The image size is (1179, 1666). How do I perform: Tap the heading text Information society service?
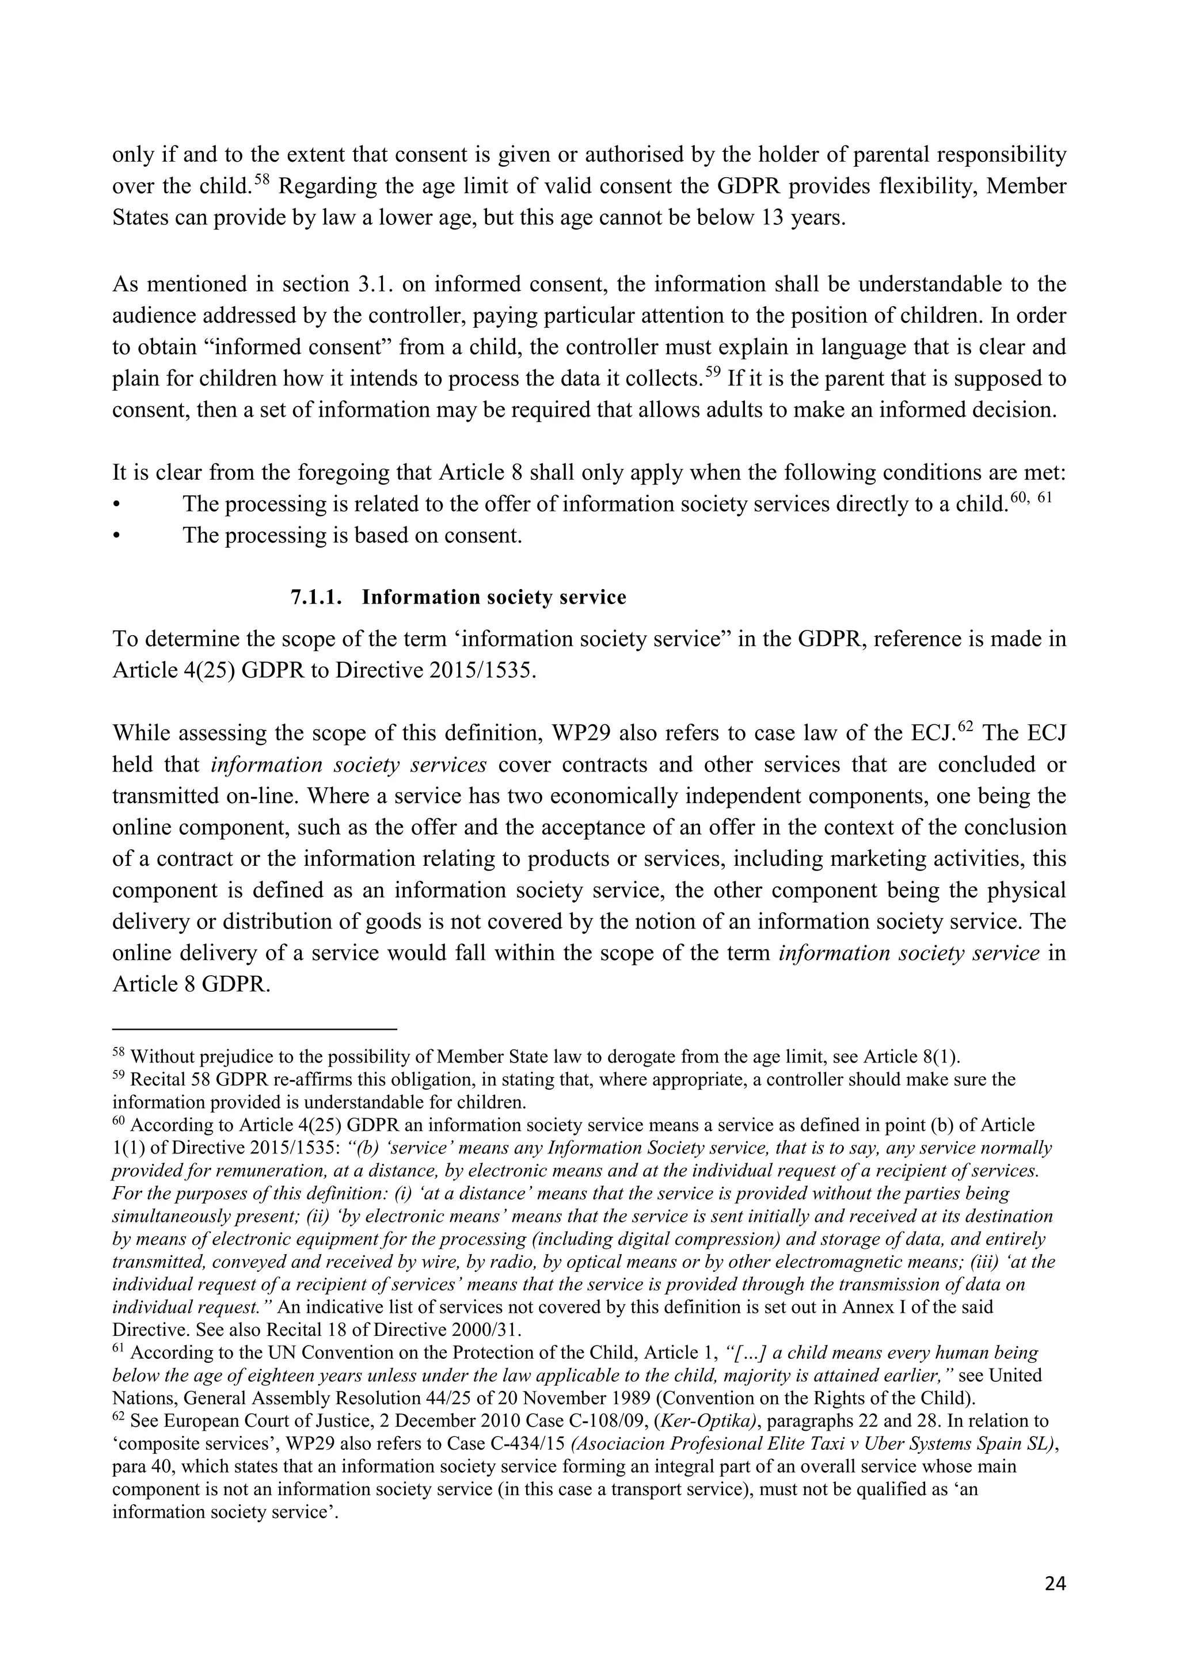coord(494,597)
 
